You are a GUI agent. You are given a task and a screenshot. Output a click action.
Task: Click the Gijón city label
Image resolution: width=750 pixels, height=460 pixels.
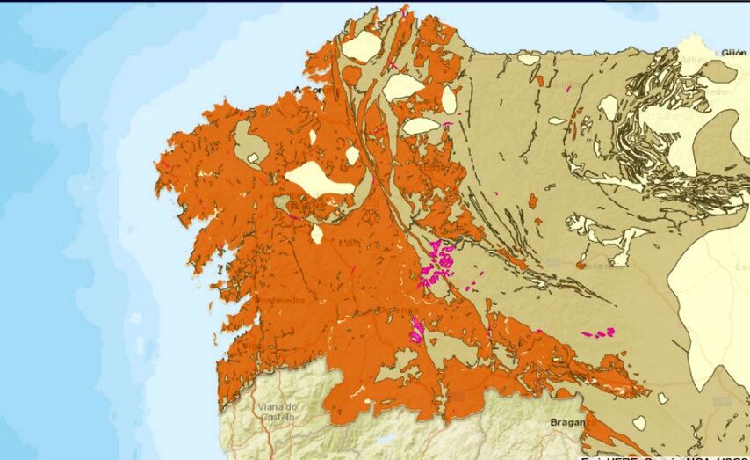click(734, 53)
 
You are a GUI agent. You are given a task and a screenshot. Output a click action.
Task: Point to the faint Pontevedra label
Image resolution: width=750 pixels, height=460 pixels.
click(280, 300)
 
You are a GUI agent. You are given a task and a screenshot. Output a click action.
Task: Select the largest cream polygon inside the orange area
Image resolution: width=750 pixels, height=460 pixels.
click(321, 179)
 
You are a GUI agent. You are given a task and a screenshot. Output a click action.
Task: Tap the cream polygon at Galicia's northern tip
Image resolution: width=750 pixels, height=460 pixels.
click(362, 47)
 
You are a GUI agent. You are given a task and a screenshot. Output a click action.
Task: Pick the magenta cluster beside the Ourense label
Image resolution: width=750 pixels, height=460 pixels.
click(416, 330)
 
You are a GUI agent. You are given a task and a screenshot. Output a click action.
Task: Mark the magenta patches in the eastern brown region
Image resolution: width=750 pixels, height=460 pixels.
click(600, 332)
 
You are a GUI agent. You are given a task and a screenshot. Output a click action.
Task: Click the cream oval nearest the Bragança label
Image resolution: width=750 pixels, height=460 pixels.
click(638, 423)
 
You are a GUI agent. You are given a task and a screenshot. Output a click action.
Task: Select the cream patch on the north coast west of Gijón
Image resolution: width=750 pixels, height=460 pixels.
click(529, 60)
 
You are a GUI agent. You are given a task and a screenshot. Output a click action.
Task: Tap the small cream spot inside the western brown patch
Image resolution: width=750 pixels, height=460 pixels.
click(254, 158)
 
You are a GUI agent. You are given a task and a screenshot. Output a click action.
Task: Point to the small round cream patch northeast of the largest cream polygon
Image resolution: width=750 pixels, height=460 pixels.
click(352, 155)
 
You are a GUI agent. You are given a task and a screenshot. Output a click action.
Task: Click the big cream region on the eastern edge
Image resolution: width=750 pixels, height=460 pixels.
click(711, 290)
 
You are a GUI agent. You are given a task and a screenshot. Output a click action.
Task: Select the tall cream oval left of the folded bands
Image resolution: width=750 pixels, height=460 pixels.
click(609, 107)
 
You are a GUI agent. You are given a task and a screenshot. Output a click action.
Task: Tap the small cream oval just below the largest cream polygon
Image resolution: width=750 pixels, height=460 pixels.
click(317, 234)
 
